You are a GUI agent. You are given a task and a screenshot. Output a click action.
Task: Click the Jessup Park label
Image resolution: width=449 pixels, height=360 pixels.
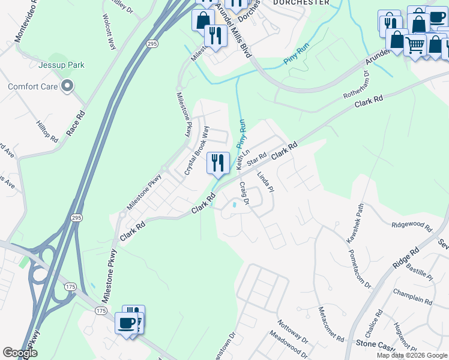61,65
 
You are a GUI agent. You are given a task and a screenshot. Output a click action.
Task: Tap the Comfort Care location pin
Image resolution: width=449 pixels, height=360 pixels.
67,86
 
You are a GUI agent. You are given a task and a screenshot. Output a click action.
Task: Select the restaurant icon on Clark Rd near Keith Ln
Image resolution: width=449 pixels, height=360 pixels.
218,162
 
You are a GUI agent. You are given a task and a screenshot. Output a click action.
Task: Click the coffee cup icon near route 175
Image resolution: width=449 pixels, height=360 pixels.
127,323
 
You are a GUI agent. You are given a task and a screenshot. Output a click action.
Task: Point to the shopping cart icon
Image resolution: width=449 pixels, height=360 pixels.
415,45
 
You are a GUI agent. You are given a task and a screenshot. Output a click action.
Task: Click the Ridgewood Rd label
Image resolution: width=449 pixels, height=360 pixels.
412,226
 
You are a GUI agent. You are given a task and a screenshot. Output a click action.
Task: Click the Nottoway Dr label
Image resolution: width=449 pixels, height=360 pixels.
293,332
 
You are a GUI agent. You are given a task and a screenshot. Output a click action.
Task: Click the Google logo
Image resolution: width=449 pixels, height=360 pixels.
20,353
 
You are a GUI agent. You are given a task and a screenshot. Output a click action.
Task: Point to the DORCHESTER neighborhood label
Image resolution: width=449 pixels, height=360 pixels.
301,2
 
